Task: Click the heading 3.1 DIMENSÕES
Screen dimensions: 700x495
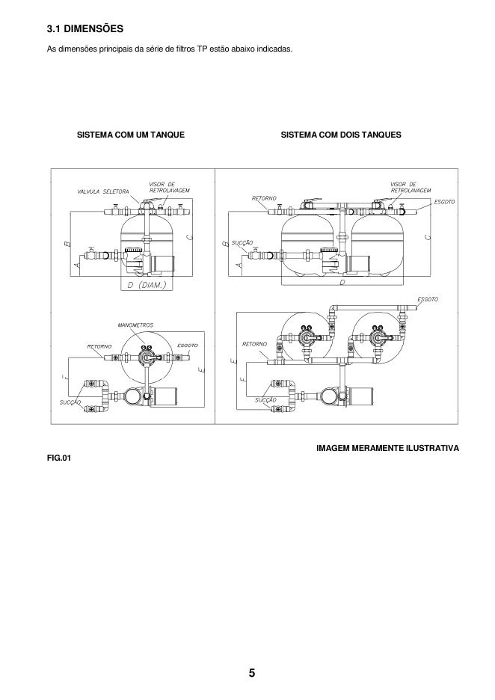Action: point(84,29)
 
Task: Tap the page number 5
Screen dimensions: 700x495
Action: point(252,672)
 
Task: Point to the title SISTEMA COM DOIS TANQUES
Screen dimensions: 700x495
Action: point(341,135)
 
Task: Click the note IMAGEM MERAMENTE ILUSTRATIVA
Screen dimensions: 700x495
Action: point(387,448)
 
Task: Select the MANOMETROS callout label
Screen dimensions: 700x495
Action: point(136,326)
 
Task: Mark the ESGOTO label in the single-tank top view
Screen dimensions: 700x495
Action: point(188,346)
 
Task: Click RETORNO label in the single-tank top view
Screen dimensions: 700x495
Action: point(99,346)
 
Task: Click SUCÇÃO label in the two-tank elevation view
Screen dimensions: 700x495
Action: point(243,243)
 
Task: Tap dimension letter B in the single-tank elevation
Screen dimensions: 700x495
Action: point(67,244)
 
